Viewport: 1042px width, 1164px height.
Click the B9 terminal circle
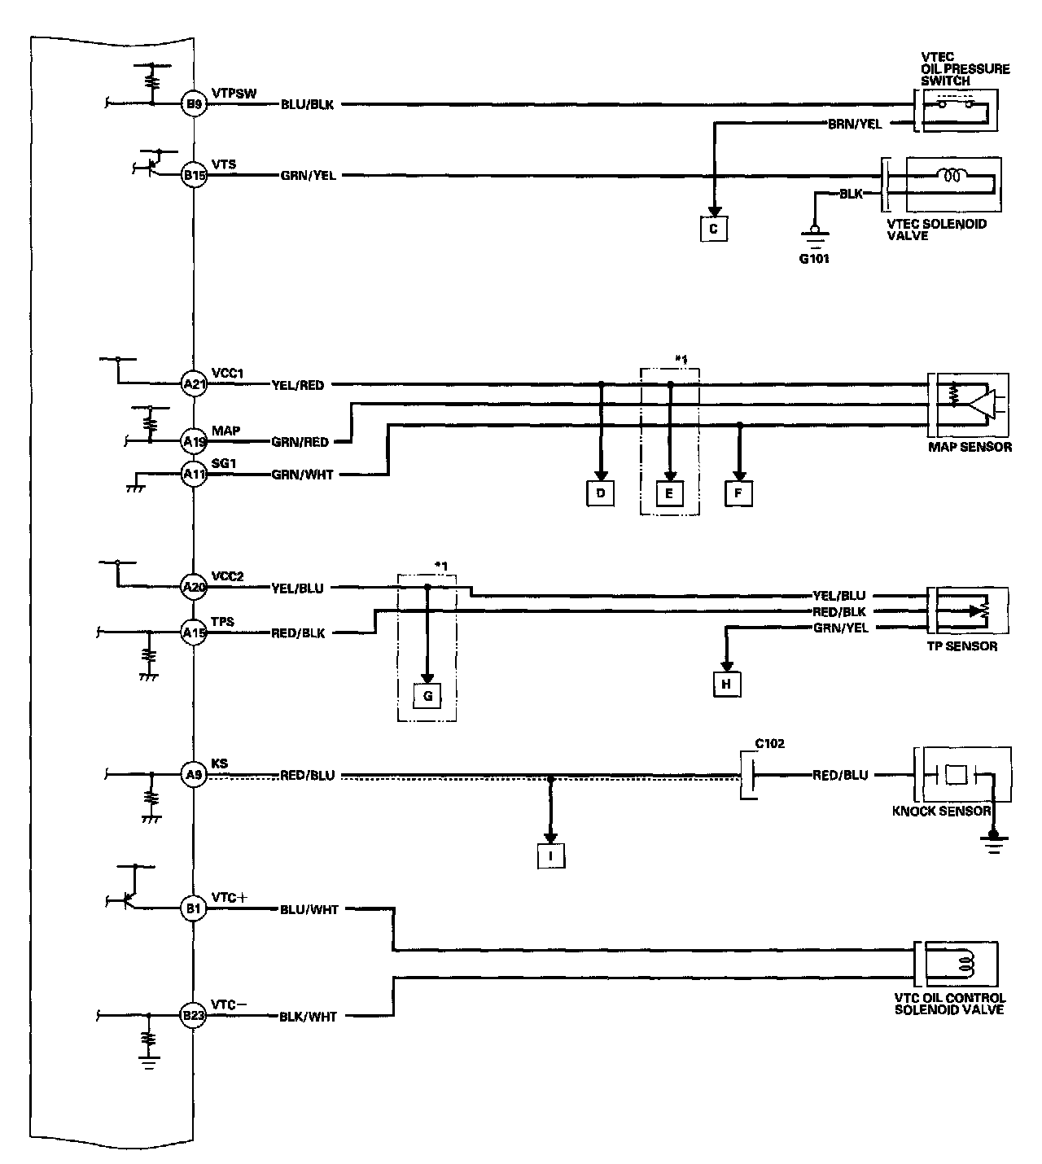pos(194,103)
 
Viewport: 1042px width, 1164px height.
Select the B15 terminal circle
pos(194,174)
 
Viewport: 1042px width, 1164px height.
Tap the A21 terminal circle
pos(194,384)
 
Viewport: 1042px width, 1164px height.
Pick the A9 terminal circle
pos(194,775)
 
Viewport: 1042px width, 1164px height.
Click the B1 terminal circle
pos(194,909)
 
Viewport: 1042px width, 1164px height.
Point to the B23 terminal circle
pos(194,1016)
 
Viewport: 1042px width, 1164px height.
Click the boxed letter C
pos(713,229)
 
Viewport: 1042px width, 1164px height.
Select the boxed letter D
pos(600,492)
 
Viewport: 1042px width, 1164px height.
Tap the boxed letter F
pos(738,492)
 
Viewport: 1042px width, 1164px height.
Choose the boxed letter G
pos(427,697)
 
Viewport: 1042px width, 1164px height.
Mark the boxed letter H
pos(726,685)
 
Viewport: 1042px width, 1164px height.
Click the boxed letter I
pos(551,856)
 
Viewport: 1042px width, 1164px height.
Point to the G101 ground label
pos(814,260)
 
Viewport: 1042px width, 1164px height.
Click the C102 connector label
pos(769,743)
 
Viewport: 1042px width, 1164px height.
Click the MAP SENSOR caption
pos(970,446)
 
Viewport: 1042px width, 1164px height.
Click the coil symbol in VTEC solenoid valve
pos(949,174)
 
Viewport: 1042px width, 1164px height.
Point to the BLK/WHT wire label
pos(308,1017)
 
